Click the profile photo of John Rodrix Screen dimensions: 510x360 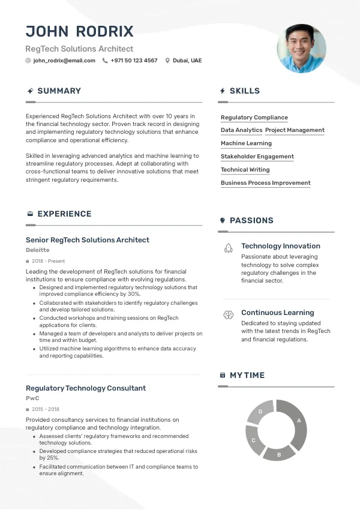click(301, 49)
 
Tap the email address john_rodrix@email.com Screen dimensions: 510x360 click(64, 61)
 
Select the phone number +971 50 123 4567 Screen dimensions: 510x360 click(134, 61)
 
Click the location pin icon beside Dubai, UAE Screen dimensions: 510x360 click(167, 61)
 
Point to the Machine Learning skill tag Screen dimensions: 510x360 click(246, 143)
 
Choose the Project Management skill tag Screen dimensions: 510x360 click(295, 130)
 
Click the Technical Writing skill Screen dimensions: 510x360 click(245, 170)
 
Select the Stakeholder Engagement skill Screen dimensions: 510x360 click(257, 157)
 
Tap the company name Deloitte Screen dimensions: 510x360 click(38, 250)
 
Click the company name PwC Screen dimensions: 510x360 click(32, 398)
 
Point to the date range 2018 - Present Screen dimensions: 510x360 click(49, 261)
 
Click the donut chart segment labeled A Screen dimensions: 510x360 click(296, 422)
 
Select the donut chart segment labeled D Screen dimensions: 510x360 click(261, 412)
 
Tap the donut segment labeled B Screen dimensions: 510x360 click(279, 453)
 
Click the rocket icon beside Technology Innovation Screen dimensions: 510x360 click(228, 247)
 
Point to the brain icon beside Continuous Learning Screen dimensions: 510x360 click(228, 314)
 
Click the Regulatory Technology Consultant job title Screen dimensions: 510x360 click(86, 388)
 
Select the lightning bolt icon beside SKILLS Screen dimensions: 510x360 click(223, 91)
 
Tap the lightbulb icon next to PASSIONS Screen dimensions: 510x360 click(223, 221)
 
